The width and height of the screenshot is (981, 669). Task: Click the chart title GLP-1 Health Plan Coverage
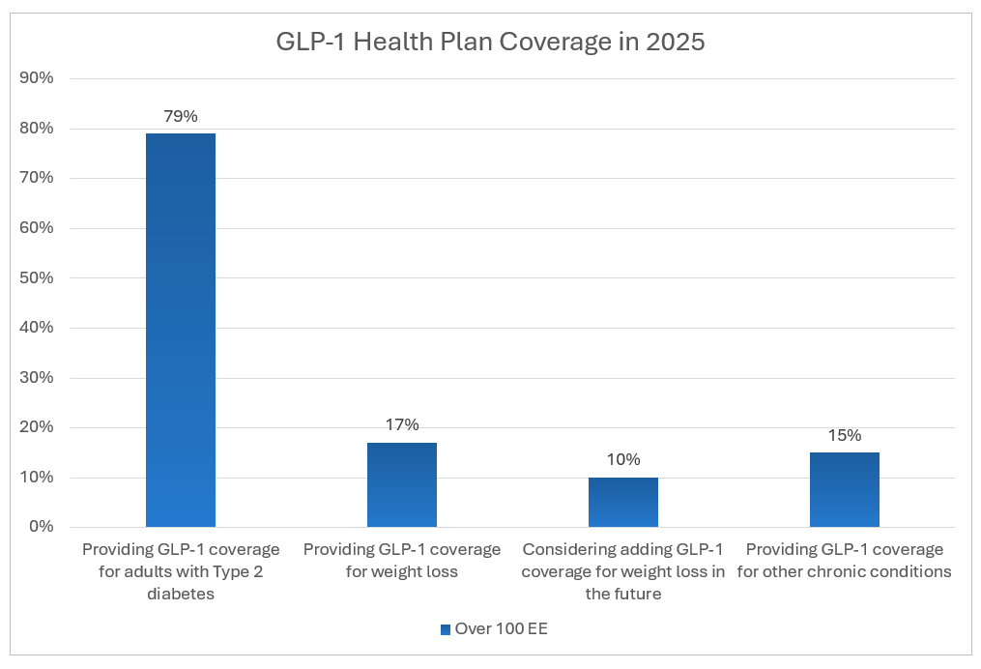489,43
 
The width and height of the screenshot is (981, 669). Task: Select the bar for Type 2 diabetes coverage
181,329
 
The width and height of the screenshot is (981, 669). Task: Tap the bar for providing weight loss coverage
402,483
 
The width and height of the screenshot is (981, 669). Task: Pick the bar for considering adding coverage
623,502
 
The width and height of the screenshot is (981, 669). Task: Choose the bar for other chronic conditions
845,489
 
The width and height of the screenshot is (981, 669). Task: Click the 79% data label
181,116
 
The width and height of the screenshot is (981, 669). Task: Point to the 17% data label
402,424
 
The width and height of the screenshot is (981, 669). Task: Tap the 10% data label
623,459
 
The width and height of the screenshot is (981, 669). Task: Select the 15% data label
845,435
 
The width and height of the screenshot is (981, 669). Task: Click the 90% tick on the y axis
36,78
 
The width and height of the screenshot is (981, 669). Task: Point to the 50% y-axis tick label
36,277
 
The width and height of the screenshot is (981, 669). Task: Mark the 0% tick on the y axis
40,527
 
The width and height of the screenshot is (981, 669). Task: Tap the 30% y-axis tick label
36,377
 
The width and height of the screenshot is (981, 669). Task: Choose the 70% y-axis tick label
36,178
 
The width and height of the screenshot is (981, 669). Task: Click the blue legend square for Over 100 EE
446,629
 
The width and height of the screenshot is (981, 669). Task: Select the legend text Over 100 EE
502,629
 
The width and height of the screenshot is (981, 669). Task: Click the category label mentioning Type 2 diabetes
181,571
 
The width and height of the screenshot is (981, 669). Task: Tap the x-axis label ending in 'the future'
623,571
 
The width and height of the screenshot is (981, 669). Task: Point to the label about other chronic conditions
845,561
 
